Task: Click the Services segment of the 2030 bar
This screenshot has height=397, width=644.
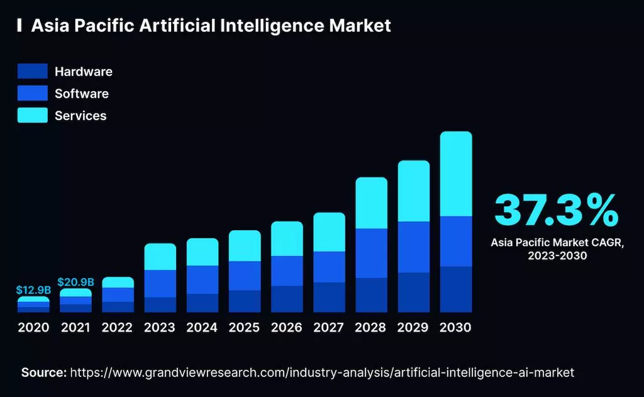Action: (x=456, y=174)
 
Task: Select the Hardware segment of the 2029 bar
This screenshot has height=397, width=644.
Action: (x=414, y=292)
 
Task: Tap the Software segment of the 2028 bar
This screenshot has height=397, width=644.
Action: (x=372, y=253)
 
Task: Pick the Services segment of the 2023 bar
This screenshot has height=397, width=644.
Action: (x=160, y=257)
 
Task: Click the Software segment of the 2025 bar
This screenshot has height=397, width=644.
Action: (x=245, y=276)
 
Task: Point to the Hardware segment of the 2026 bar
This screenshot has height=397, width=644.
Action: (x=287, y=299)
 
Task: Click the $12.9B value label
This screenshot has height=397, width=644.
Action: (x=33, y=290)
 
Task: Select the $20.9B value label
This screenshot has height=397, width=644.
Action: (x=75, y=282)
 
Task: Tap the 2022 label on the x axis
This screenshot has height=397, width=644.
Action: (x=118, y=328)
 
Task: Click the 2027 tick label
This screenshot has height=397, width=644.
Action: (x=329, y=328)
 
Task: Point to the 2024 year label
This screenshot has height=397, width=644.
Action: (x=202, y=328)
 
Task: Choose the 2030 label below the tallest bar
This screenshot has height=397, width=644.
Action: (x=456, y=328)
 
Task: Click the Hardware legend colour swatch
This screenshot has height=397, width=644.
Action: (x=33, y=72)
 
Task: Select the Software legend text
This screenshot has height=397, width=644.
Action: (x=82, y=94)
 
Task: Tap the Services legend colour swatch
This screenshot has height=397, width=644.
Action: (x=33, y=115)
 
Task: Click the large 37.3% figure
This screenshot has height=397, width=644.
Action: (x=556, y=211)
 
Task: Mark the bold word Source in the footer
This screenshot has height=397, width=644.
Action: (x=43, y=372)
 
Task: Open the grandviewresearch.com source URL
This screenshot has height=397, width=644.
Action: (x=322, y=372)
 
